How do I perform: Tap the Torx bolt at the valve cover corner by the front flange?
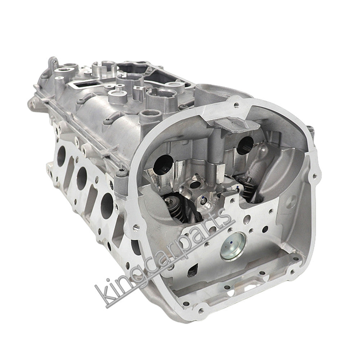[122, 172]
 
